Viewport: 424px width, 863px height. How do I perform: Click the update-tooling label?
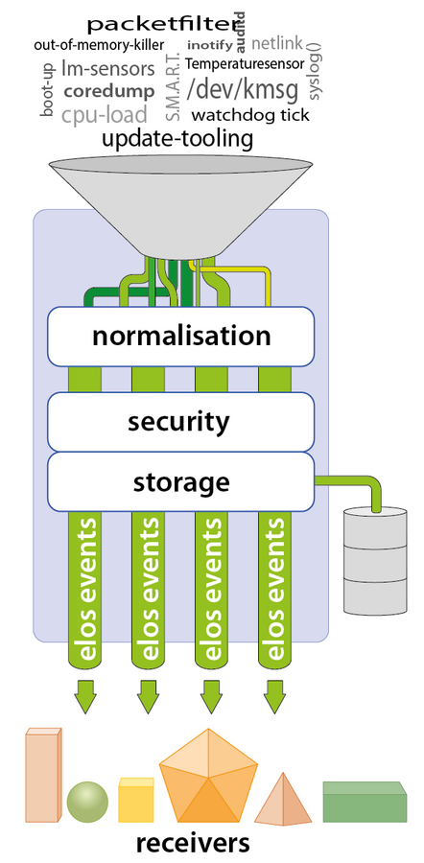tap(177, 140)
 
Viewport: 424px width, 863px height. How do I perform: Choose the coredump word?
tap(108, 92)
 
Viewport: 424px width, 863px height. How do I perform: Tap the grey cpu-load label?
tap(106, 116)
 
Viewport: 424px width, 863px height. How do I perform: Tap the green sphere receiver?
tap(88, 802)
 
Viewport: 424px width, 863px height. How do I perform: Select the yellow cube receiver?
tap(135, 800)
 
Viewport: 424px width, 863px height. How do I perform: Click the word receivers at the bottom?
tap(193, 843)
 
